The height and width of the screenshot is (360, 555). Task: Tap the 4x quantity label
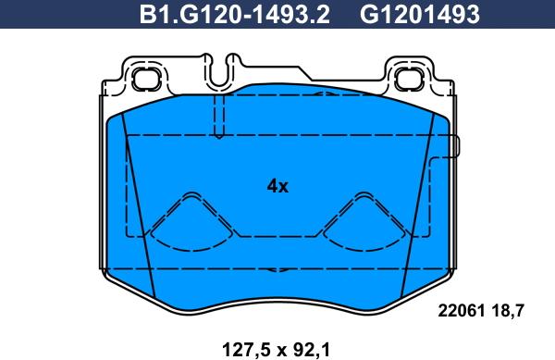tap(277, 186)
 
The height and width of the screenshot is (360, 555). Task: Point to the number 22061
tap(460, 312)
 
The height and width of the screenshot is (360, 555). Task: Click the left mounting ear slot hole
tap(143, 79)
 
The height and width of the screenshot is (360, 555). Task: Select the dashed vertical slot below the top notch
tap(218, 116)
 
